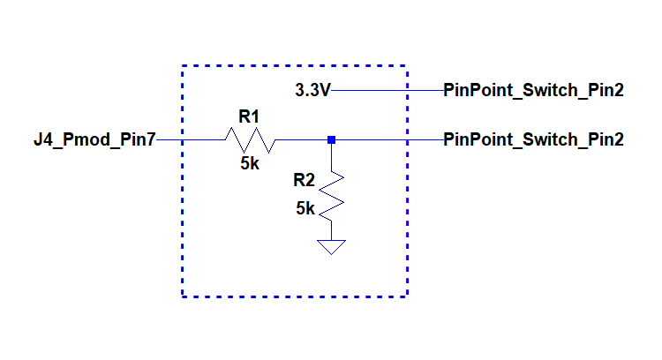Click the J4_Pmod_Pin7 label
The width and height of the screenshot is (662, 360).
pyautogui.click(x=94, y=139)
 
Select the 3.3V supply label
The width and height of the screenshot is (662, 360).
pyautogui.click(x=312, y=90)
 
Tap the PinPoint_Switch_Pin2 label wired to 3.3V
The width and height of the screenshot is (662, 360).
pyautogui.click(x=533, y=90)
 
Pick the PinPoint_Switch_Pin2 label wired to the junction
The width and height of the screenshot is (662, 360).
pyautogui.click(x=533, y=139)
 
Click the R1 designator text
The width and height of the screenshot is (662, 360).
pyautogui.click(x=249, y=116)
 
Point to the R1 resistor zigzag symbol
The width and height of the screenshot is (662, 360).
pyautogui.click(x=250, y=139)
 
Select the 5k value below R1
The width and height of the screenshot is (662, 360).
pyautogui.click(x=250, y=163)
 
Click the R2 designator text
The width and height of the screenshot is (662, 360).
pyautogui.click(x=304, y=180)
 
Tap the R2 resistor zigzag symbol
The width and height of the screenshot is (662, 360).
pyautogui.click(x=331, y=195)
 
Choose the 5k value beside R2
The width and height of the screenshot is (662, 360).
pyautogui.click(x=305, y=208)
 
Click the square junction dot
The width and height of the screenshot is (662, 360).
pyautogui.click(x=331, y=139)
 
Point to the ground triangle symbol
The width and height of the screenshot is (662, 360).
pyautogui.click(x=331, y=247)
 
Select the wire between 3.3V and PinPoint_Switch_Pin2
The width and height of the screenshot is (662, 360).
pyautogui.click(x=387, y=90)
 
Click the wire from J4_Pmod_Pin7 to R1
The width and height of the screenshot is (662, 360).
pyautogui.click(x=191, y=139)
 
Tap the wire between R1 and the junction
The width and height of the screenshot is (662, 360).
pyautogui.click(x=302, y=139)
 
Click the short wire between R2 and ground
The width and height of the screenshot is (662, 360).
pyautogui.click(x=331, y=230)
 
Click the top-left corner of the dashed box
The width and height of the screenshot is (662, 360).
pyautogui.click(x=183, y=66)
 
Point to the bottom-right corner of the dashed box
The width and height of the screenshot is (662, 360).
pyautogui.click(x=408, y=296)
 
